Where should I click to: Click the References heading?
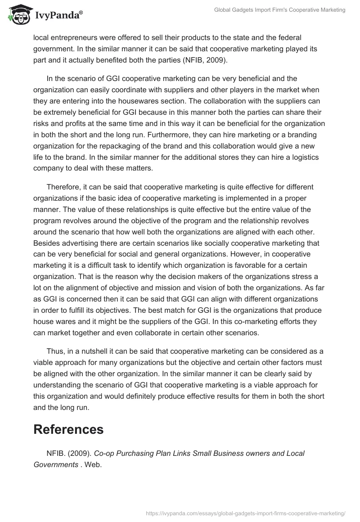pos(68,429)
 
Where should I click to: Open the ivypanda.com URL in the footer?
pos(246,513)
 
